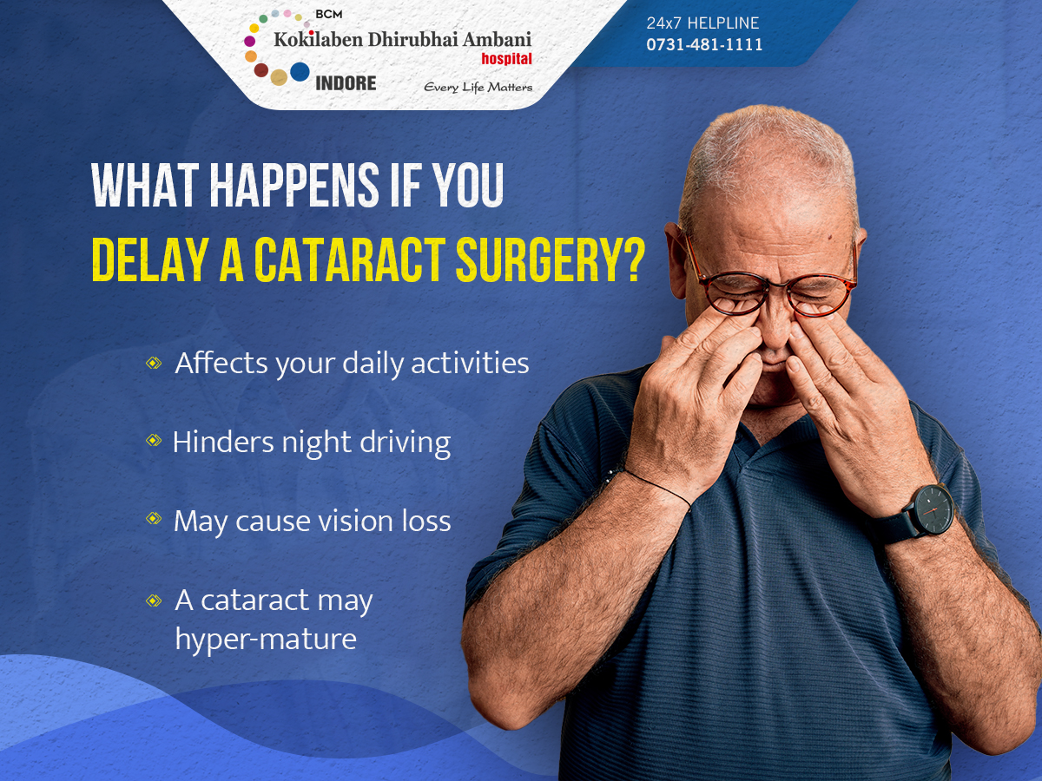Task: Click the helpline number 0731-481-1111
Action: [704, 44]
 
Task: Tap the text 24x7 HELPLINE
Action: [702, 23]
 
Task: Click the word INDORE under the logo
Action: [346, 83]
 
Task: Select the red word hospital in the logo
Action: [506, 59]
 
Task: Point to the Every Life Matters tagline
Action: [478, 88]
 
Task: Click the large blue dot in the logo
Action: [300, 72]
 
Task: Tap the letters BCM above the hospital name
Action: [328, 15]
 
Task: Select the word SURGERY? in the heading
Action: [551, 259]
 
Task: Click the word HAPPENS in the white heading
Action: [294, 185]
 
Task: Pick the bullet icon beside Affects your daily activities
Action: [154, 364]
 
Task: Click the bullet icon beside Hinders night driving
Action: [154, 441]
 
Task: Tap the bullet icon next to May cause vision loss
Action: [154, 518]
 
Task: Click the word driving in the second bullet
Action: [405, 443]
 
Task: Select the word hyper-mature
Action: [266, 640]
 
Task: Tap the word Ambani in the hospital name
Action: [497, 40]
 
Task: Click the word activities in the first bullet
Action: [470, 364]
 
